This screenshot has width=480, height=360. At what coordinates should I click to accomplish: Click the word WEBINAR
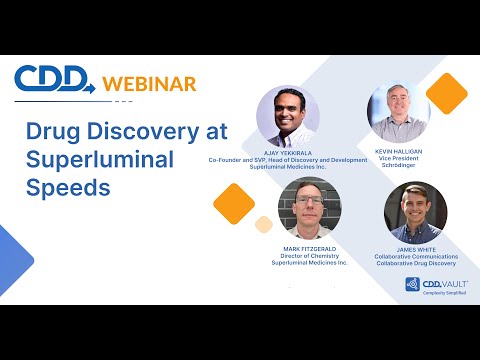point(148,82)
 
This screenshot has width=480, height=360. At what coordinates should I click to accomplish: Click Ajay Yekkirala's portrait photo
point(288,116)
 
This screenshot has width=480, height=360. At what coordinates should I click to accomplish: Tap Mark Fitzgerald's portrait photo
point(309,210)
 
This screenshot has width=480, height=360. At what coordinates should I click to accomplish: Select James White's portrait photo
point(415,212)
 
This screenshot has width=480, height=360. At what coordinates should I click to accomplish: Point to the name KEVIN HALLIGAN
point(400,150)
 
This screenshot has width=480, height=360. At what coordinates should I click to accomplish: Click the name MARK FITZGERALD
point(309,249)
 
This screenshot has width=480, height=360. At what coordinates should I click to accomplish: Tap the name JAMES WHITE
point(415,249)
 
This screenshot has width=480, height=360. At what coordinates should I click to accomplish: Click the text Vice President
point(400,159)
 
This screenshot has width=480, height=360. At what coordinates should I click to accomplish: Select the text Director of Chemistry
point(309,257)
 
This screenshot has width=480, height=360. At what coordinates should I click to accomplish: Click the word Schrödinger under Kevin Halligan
point(400,167)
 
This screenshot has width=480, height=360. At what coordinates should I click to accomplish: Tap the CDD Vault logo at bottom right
point(437,286)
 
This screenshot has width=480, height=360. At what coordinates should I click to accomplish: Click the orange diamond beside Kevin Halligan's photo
point(446,94)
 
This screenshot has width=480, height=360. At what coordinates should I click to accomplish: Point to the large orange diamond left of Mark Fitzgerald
point(234,203)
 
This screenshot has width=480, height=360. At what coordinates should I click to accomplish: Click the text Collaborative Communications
point(415,257)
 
